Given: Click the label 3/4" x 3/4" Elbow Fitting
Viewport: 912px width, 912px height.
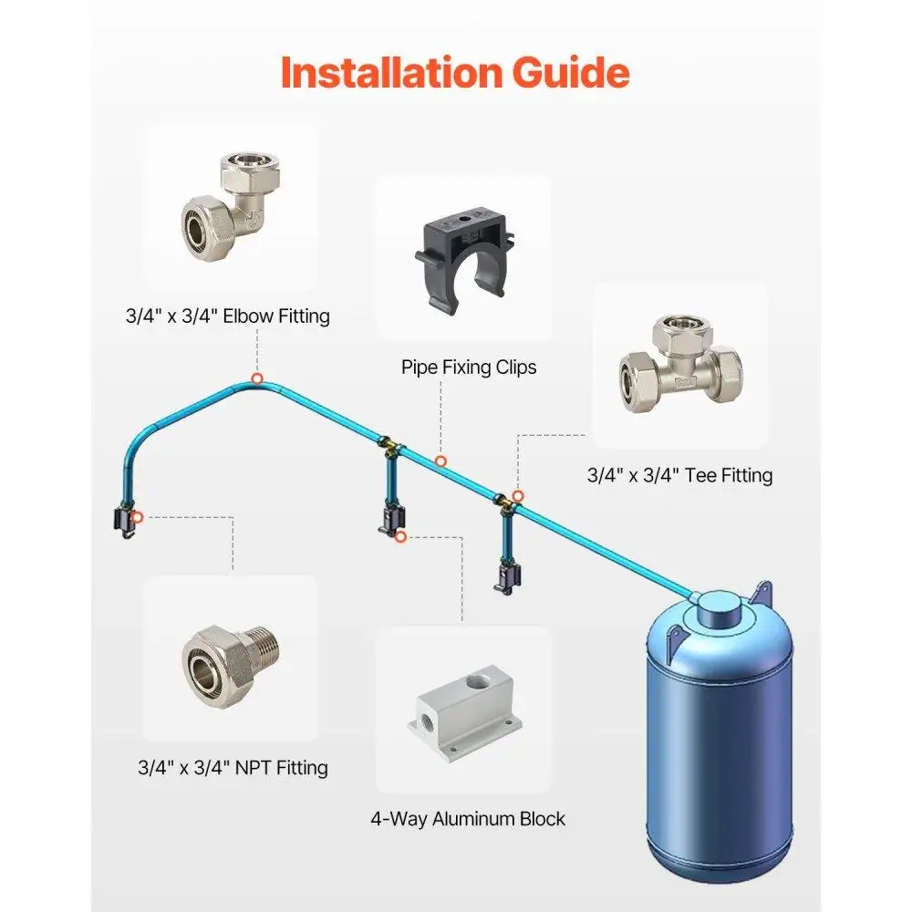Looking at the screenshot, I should point(227,316).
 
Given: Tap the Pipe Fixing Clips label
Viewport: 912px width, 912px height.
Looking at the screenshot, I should point(469,367).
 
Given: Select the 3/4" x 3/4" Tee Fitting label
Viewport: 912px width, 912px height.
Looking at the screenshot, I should point(679,475).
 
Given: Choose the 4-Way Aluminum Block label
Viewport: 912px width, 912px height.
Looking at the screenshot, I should point(468,818).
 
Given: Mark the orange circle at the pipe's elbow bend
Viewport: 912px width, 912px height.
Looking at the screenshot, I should point(257,378).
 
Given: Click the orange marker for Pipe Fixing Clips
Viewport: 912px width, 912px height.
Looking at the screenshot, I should point(440,461).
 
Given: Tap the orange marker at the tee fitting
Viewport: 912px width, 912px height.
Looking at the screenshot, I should point(517,496).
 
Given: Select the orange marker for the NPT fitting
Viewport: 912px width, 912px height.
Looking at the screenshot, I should point(137,517).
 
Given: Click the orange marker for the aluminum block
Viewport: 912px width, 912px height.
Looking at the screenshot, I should point(400,538).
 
